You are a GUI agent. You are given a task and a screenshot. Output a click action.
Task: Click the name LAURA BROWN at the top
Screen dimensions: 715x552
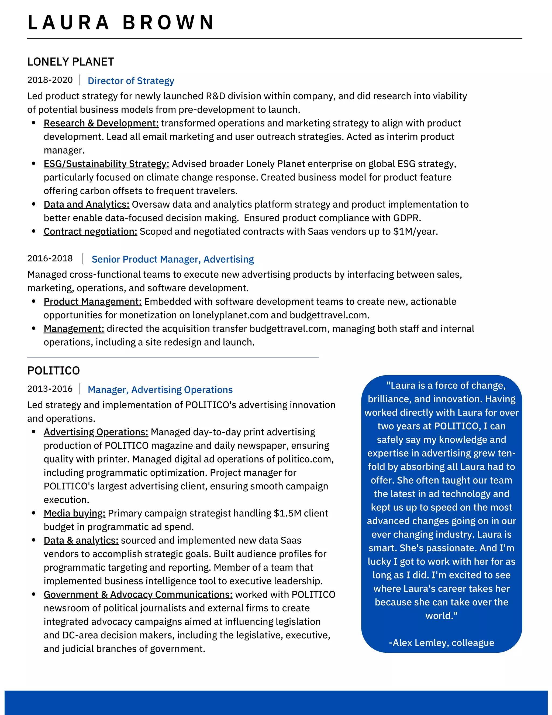[x=121, y=23]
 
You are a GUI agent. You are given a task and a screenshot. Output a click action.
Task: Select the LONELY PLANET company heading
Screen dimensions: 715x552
[x=71, y=62]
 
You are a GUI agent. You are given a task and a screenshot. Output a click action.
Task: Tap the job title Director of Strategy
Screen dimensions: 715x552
[x=131, y=81]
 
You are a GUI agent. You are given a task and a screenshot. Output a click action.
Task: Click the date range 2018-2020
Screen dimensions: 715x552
[x=50, y=80]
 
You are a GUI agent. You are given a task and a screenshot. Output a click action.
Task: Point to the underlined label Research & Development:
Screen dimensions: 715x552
[x=101, y=123]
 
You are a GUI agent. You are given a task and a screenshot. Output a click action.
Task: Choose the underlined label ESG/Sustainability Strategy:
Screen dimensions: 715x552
[x=106, y=164]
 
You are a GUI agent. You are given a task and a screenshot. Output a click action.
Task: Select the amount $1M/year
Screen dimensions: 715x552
[x=415, y=231]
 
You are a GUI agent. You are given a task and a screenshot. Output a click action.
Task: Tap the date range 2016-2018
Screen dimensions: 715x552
[x=50, y=258]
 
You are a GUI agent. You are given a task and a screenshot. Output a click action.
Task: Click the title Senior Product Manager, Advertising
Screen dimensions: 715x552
[x=173, y=259]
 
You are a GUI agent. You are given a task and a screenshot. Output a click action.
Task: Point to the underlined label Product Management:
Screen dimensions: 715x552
[x=92, y=302]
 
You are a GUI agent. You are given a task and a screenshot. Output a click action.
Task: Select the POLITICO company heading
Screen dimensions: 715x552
[x=54, y=371]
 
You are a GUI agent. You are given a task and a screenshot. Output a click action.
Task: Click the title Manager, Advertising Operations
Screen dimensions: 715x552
[x=160, y=390]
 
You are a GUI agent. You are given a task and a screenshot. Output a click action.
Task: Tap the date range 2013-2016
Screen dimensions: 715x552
[x=50, y=389]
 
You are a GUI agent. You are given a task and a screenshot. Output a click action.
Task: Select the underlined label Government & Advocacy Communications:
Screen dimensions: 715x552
[x=138, y=594]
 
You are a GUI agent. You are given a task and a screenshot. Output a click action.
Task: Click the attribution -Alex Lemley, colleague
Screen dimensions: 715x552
[x=441, y=643]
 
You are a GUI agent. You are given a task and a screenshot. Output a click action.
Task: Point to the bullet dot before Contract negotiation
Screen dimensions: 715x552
[x=34, y=231]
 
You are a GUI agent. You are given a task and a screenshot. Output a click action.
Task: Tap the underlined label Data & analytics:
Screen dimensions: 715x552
[x=81, y=540]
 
